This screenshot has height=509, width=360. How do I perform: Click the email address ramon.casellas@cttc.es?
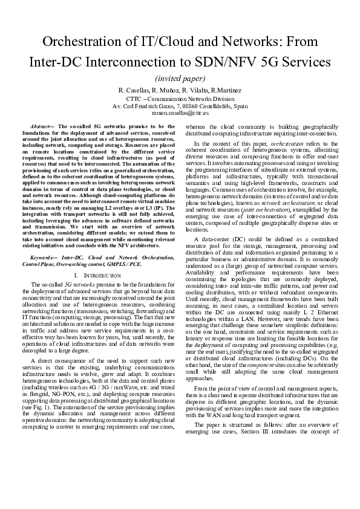click(x=180, y=112)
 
